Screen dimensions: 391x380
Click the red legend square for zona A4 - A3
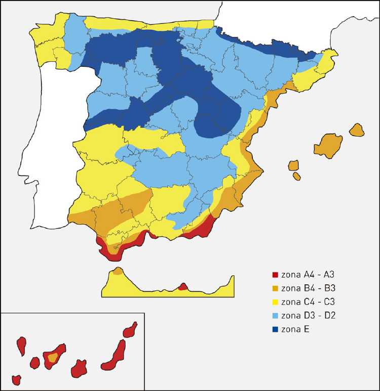point(275,275)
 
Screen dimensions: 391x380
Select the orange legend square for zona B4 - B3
point(275,289)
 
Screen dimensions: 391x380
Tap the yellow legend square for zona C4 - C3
point(275,302)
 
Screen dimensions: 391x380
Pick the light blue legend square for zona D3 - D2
point(275,316)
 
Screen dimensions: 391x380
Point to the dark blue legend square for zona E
point(275,329)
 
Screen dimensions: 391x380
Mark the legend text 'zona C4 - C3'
point(308,302)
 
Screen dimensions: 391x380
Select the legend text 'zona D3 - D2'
point(308,316)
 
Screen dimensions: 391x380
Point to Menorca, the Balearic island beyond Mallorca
point(357,129)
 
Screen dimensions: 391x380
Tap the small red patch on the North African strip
point(182,287)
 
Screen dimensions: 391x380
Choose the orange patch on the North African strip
point(118,272)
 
